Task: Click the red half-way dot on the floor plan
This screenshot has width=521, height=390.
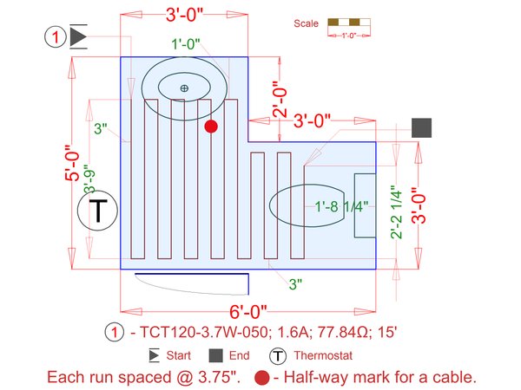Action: [210, 127]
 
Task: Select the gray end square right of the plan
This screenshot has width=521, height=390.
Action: [422, 127]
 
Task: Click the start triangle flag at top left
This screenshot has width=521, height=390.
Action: [78, 36]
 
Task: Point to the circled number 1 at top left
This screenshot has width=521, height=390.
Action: [55, 36]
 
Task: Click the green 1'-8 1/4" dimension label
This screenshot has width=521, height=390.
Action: [344, 206]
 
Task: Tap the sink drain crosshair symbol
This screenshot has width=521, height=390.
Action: [183, 88]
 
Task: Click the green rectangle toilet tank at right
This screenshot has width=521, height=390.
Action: [365, 205]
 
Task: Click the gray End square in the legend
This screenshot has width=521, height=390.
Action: [215, 355]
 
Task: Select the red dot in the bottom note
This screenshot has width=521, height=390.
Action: [261, 378]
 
